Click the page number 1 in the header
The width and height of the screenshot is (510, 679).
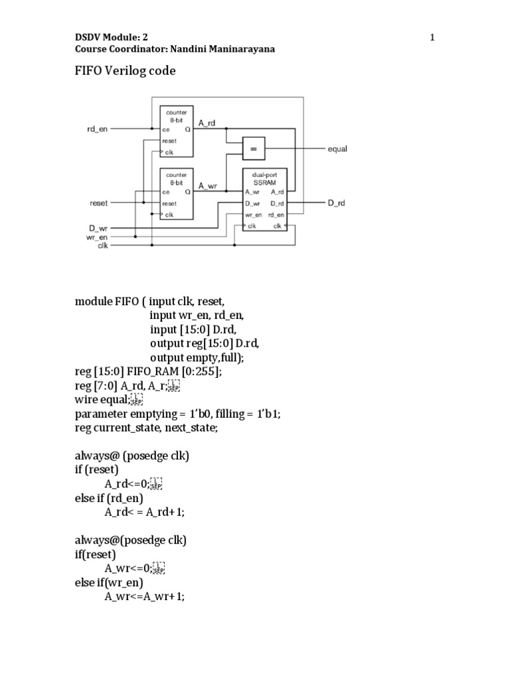tap(432, 38)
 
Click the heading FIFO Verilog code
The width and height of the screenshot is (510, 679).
tap(125, 70)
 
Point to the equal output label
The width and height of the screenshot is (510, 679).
tap(337, 150)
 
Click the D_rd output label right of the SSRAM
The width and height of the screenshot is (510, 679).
tap(337, 204)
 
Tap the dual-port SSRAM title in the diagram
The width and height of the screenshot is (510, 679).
tap(264, 178)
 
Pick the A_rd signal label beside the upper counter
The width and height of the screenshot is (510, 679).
tap(208, 123)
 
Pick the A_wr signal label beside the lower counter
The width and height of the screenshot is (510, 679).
tap(208, 186)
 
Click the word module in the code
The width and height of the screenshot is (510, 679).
tap(93, 301)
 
